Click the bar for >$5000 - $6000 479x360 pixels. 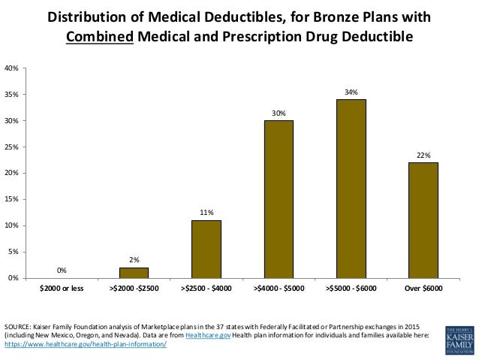tap(351, 189)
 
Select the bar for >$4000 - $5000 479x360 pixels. tap(279, 199)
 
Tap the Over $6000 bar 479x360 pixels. tap(423, 220)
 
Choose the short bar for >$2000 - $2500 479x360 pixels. tap(134, 273)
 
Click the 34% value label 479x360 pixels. tap(351, 92)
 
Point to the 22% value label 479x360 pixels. tap(423, 156)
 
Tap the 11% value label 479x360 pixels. tap(206, 213)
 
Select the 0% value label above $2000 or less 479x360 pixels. tap(62, 270)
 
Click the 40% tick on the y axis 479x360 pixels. tap(11, 68)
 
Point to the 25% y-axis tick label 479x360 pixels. tap(11, 147)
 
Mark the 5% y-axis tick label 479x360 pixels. tap(13, 252)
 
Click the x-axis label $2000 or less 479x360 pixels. tap(62, 288)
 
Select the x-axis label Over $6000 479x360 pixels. tap(423, 288)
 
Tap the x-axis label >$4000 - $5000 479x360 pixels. tap(279, 288)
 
